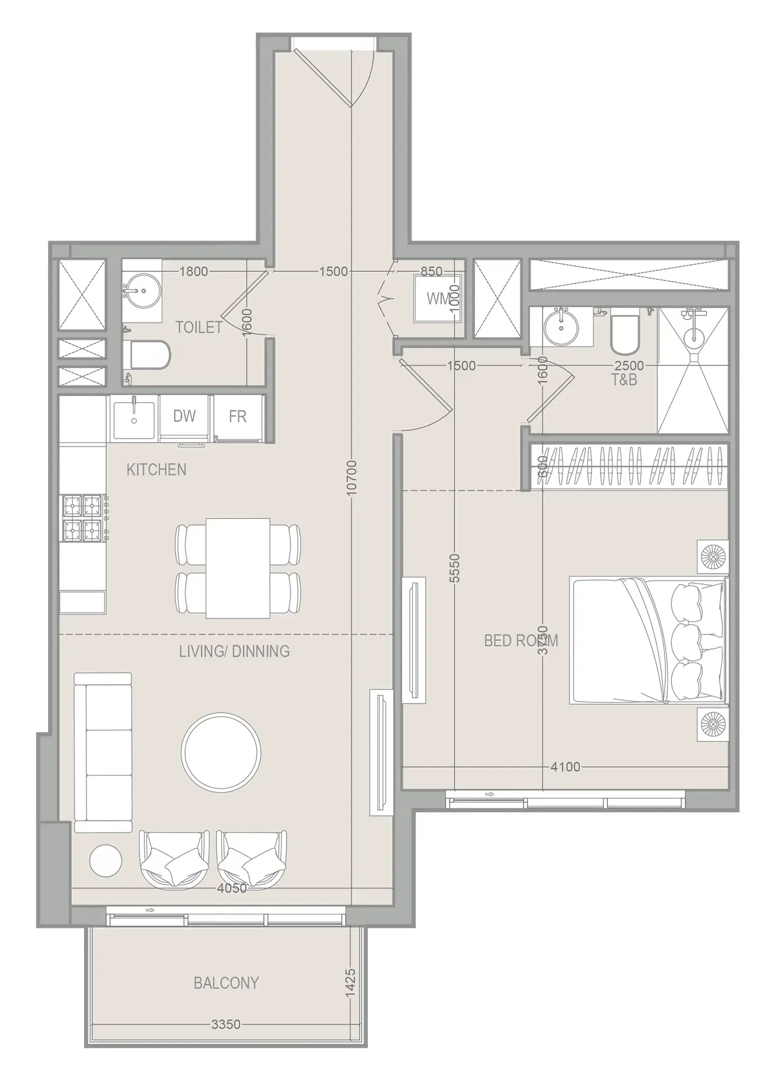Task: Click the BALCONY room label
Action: [226, 983]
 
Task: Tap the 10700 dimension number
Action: [352, 477]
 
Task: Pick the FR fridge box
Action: [238, 417]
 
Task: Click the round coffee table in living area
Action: [221, 752]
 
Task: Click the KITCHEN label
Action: [156, 470]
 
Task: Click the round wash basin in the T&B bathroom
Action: [560, 326]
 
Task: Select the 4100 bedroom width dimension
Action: [565, 767]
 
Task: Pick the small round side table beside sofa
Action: [105, 861]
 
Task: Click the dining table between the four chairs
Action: [238, 568]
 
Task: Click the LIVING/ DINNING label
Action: [234, 652]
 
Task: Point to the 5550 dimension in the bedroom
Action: [455, 568]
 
